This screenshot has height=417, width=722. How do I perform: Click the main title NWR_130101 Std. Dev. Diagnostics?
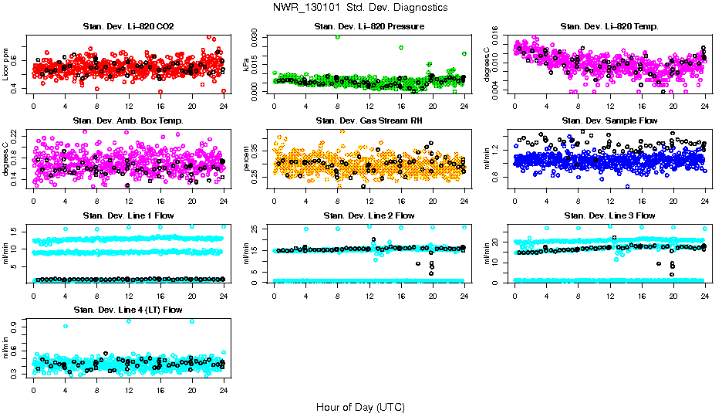point(360,7)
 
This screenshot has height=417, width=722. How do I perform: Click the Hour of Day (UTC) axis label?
point(360,406)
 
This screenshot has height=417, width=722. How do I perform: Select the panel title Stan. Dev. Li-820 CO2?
point(128,27)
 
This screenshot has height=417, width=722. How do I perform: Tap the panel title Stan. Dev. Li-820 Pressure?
point(369,27)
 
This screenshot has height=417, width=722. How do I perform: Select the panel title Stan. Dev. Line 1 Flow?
point(128,215)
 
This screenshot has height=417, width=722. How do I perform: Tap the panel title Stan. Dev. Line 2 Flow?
point(369,215)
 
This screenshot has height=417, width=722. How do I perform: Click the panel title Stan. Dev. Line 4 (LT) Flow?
point(128,310)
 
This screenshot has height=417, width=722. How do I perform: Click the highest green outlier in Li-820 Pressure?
point(337,37)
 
